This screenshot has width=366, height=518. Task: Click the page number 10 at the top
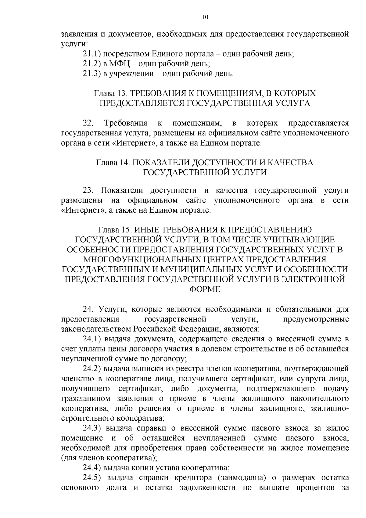[x=205, y=17]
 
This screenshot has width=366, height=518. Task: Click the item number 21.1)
[x=92, y=54]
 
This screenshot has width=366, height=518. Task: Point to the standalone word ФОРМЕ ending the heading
[x=205, y=289]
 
